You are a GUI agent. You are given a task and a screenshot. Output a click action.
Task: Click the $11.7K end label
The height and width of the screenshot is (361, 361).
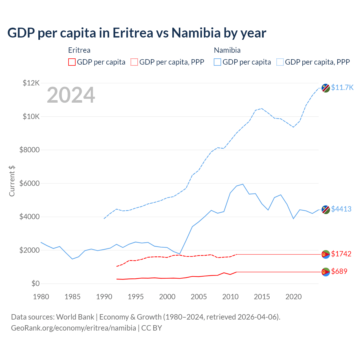(342, 87)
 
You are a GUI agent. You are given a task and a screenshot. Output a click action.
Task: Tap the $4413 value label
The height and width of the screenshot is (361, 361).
(341, 209)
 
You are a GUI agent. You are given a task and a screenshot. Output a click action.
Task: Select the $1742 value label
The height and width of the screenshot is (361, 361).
(341, 254)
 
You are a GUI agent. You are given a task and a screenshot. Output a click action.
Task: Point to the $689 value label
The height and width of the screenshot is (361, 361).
(339, 271)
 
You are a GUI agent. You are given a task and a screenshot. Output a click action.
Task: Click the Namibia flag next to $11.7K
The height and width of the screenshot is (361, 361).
(326, 88)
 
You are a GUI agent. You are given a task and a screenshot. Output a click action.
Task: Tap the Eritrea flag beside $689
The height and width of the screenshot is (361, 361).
(326, 272)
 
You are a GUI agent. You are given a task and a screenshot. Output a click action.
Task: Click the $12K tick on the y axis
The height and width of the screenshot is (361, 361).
(31, 83)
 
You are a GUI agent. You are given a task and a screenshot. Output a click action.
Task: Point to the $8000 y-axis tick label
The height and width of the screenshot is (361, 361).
(29, 150)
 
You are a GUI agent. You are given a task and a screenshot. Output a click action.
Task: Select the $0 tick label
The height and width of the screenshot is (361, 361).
(35, 283)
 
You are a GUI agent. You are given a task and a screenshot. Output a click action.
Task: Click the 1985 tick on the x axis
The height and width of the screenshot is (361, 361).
(72, 297)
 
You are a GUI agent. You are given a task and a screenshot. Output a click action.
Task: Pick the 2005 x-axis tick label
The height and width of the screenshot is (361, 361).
(199, 297)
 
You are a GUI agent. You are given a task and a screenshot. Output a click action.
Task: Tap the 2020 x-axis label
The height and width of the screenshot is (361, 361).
(294, 297)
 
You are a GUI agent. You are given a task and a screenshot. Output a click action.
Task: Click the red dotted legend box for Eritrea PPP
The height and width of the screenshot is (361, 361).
(134, 62)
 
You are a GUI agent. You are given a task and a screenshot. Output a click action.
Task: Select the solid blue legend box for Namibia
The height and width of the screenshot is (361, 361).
(217, 62)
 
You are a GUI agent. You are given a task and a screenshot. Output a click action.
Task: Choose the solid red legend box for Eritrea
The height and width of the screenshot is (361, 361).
(72, 62)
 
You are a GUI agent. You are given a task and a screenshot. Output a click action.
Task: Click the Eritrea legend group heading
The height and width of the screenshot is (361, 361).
(79, 50)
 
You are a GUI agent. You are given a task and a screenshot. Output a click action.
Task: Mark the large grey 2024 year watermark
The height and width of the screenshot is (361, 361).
(71, 95)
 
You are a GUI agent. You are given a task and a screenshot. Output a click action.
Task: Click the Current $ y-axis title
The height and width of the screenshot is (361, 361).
(12, 181)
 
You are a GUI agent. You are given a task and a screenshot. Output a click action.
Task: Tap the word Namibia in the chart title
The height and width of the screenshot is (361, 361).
(196, 33)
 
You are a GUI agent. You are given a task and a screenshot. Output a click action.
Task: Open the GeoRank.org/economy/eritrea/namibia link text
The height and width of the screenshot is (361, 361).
(73, 328)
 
